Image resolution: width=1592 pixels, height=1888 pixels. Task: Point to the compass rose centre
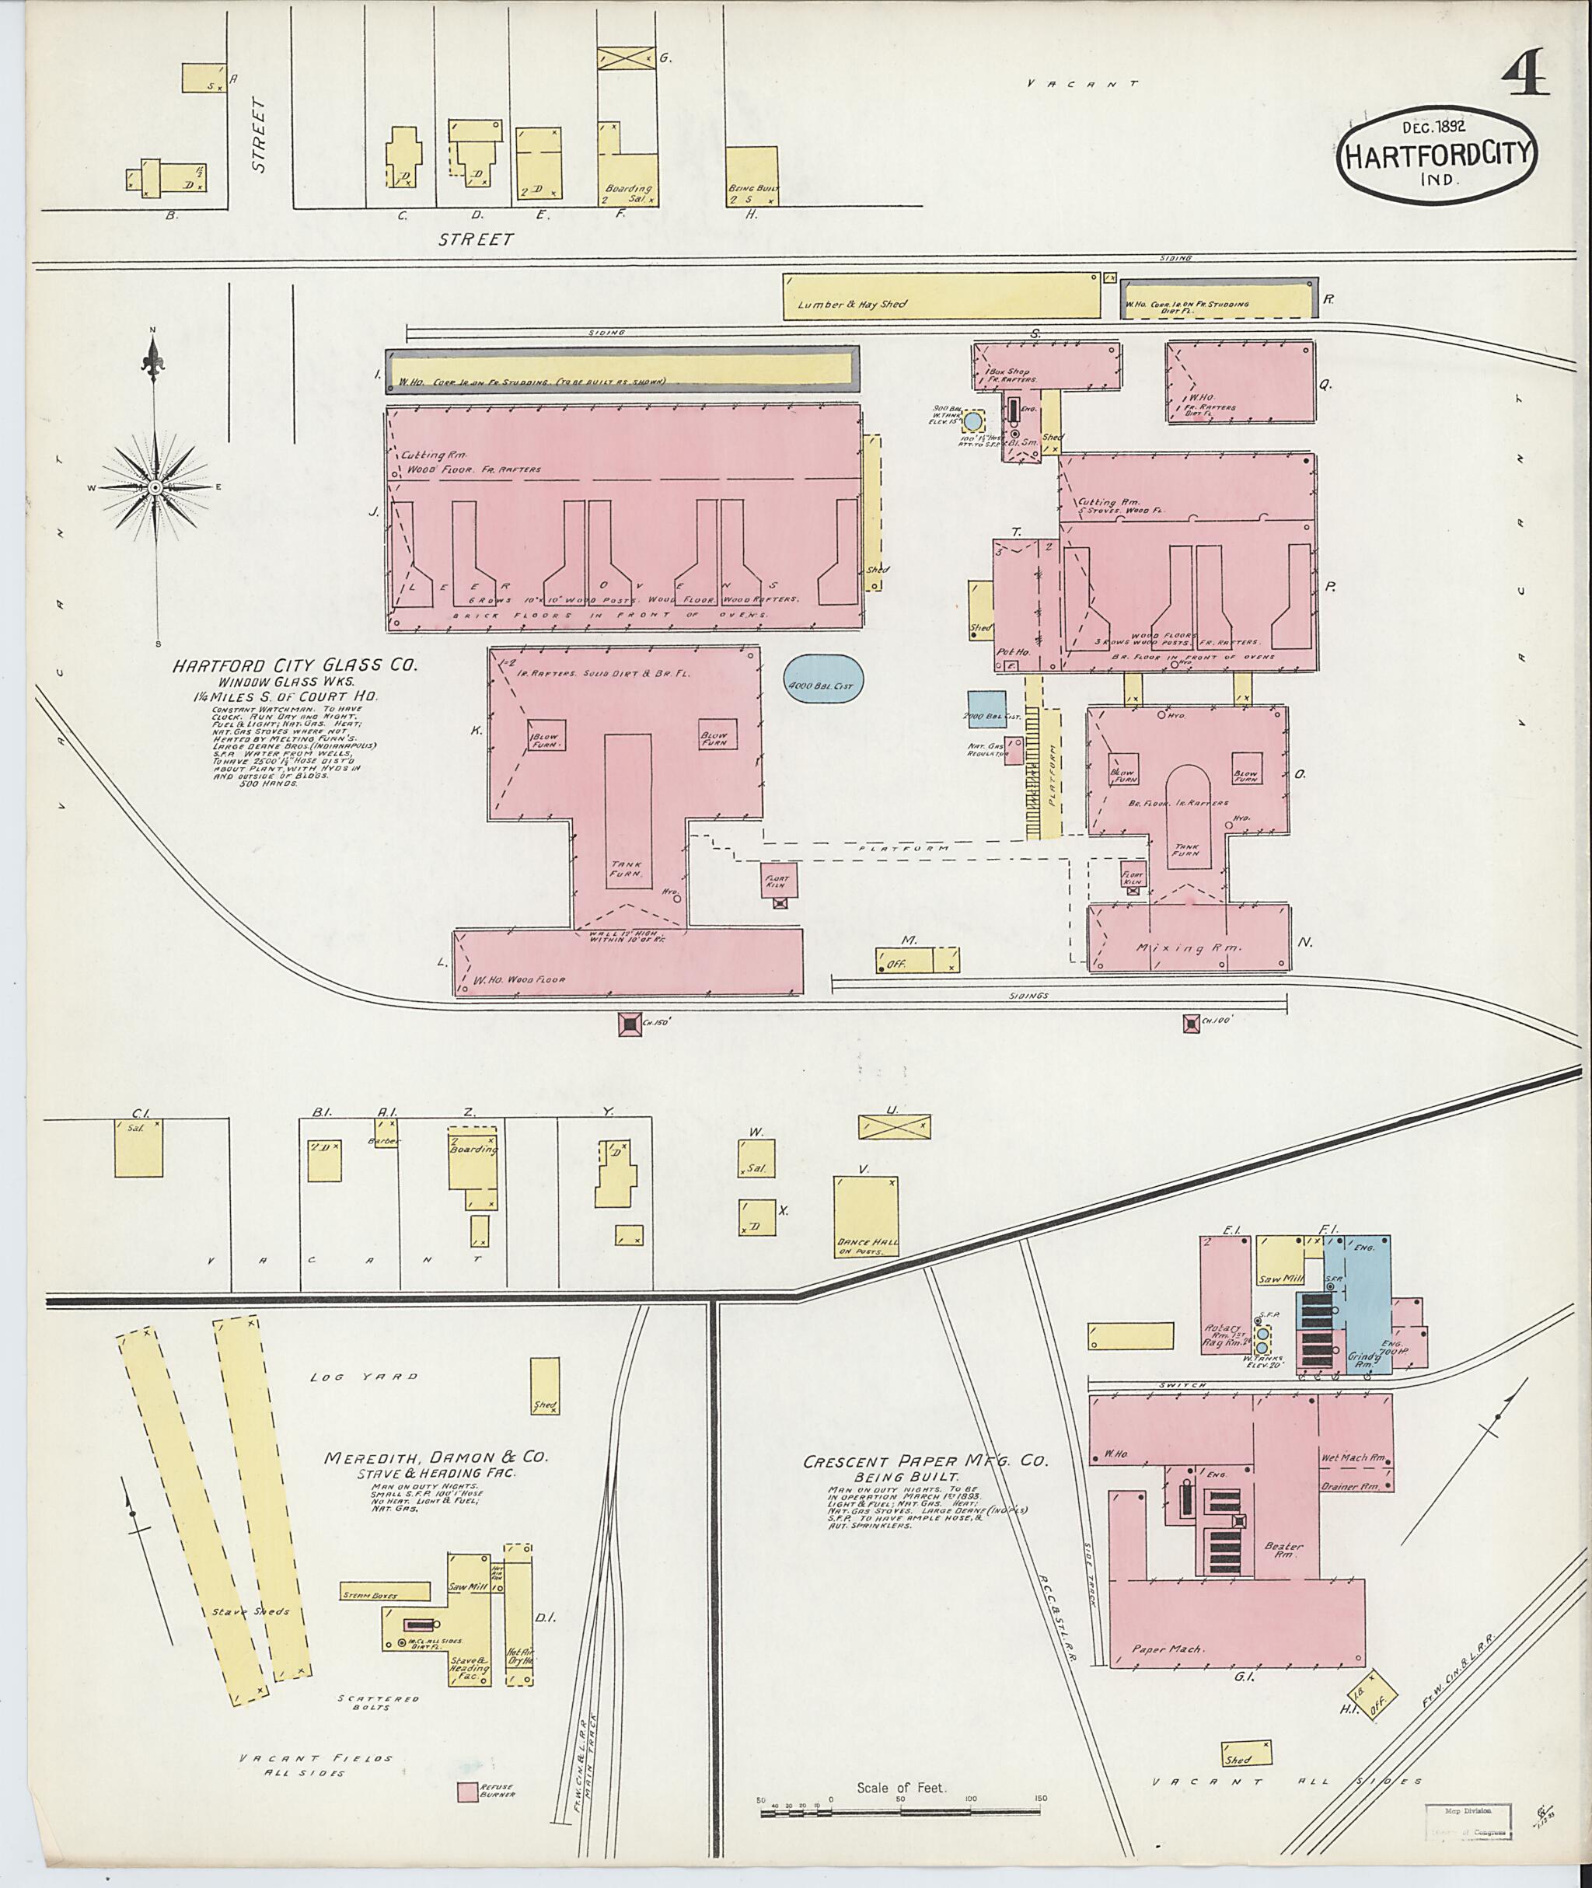tap(155, 487)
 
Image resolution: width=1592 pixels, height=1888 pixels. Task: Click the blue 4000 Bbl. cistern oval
tap(823, 686)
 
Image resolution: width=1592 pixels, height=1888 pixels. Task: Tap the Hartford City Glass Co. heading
tap(295, 665)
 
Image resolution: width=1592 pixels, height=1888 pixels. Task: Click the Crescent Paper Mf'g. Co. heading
tap(926, 1461)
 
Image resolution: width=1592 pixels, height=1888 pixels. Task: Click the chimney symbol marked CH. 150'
tap(630, 1024)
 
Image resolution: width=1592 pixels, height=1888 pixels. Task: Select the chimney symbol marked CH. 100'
tap(1192, 1023)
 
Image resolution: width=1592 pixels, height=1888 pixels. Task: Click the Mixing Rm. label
tap(1192, 948)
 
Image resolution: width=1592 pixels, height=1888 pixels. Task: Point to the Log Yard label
tap(364, 1377)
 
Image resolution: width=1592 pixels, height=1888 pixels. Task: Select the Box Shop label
tap(1008, 371)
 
